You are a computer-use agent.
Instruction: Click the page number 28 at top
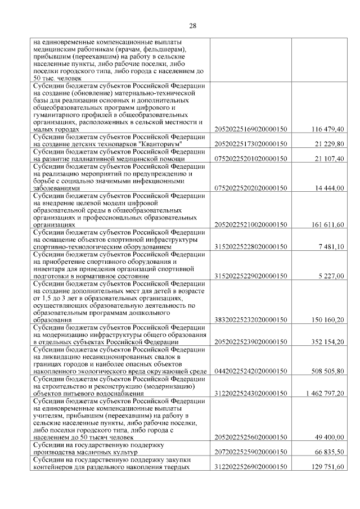point(192,26)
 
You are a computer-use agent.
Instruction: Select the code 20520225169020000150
point(251,129)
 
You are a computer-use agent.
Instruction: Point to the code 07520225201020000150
point(251,159)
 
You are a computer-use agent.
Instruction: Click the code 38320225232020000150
point(251,320)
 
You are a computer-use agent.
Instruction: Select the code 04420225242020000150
point(251,371)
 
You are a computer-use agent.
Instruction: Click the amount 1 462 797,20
point(324,393)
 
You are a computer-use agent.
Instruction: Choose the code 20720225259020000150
point(251,452)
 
